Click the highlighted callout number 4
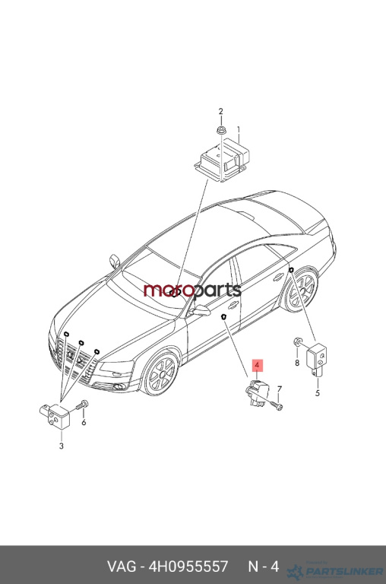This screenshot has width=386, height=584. (x=258, y=365)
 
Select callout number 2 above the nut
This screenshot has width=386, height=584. (x=220, y=111)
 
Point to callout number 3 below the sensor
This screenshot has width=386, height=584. (x=62, y=446)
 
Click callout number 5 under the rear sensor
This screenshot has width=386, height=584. (x=318, y=393)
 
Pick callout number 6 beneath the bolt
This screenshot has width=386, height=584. (x=84, y=422)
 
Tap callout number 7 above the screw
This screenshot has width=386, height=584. (x=280, y=389)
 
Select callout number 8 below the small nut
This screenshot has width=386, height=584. (x=297, y=363)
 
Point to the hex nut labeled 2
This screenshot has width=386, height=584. (x=220, y=131)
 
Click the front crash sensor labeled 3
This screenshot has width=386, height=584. (x=55, y=417)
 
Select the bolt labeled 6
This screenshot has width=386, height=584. (x=82, y=405)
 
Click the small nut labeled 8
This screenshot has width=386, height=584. (x=297, y=341)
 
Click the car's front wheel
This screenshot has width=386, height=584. (x=161, y=373)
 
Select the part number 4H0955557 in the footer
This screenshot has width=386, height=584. (x=188, y=567)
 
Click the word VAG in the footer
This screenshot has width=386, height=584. (x=122, y=567)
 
